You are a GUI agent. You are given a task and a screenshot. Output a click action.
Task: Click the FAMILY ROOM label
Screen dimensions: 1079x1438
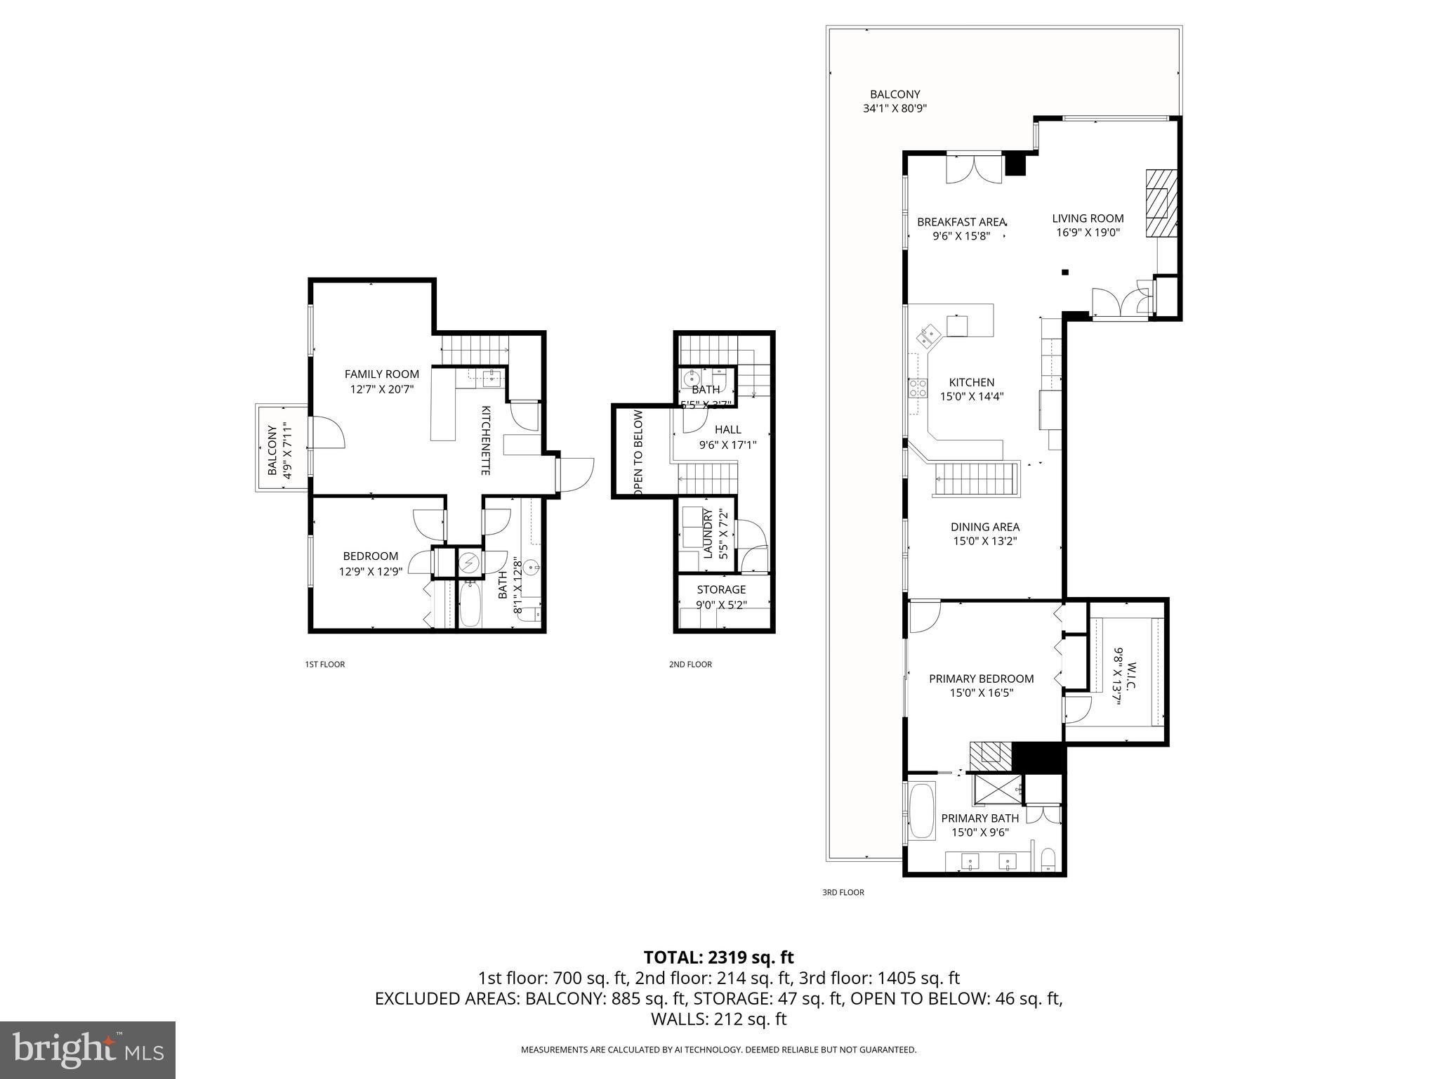point(381,374)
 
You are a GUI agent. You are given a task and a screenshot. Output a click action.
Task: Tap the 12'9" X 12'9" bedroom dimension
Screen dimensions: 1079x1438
point(370,572)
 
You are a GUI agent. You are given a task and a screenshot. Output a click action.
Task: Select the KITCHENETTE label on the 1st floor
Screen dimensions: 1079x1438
point(485,440)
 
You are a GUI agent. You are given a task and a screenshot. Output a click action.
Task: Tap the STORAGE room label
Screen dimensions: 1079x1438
point(721,589)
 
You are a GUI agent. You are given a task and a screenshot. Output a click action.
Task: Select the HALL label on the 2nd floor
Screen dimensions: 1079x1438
point(727,430)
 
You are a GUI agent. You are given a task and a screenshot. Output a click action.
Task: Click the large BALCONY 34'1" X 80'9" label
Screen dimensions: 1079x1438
point(895,94)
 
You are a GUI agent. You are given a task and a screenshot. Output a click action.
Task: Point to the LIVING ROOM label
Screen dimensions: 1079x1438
point(1087,218)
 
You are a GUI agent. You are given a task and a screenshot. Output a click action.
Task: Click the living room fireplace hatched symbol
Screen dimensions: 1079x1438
point(1159,205)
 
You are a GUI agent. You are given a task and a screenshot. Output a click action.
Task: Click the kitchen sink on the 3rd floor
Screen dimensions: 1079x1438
point(928,336)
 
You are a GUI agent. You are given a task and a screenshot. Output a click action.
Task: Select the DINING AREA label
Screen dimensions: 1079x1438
point(984,527)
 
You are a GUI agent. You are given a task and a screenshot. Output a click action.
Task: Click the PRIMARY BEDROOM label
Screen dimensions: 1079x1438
point(981,679)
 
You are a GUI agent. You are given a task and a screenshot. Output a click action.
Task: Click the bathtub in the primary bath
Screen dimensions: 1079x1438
point(921,811)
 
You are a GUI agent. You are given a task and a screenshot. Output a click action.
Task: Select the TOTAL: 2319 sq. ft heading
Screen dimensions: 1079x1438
point(718,957)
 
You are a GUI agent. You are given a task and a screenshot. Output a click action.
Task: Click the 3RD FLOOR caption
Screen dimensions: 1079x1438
point(843,892)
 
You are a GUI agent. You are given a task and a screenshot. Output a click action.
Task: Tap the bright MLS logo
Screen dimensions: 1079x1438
point(87,1049)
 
